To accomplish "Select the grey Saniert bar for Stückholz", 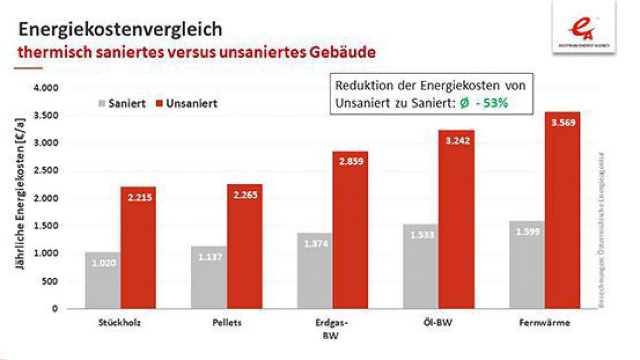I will (102, 283).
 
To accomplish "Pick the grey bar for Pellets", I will (209, 280).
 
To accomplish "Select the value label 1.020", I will (103, 262).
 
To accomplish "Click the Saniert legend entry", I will (122, 103).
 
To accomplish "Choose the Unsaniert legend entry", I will (186, 103).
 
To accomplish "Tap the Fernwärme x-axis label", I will (543, 323).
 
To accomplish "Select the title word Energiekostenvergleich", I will (120, 29).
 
